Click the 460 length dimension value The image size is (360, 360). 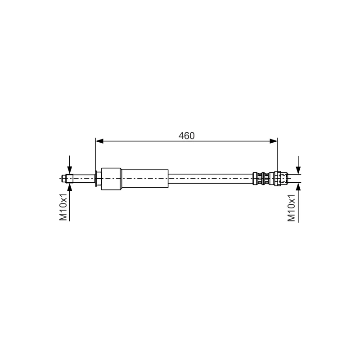186,136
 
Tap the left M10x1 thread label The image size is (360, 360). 63,207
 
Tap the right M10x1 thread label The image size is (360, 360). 291,208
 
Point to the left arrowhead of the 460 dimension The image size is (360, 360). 99,141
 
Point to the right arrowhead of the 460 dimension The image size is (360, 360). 274,141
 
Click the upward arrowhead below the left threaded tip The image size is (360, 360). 70,187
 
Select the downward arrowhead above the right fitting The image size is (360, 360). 298,171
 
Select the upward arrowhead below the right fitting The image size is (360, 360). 298,187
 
